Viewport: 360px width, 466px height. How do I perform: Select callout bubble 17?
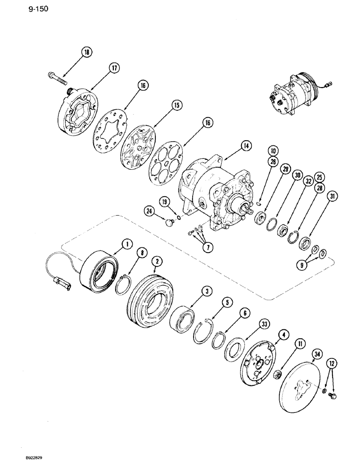tap(113, 68)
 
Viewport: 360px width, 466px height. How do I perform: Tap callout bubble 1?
tap(125, 243)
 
